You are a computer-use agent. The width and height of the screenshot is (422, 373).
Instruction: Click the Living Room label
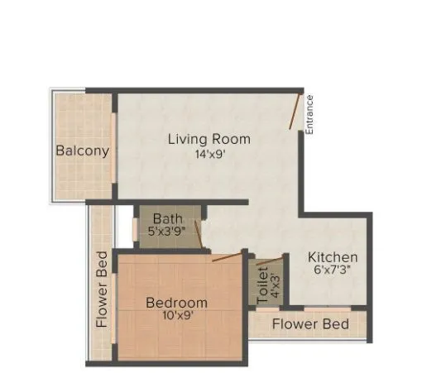point(209,139)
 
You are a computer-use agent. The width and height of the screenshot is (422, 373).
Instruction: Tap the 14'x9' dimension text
point(209,154)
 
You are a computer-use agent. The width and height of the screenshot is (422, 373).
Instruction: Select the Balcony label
point(83,151)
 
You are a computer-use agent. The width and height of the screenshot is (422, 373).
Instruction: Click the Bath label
point(168,218)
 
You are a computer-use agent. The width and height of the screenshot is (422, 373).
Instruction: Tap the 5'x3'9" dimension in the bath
point(168,232)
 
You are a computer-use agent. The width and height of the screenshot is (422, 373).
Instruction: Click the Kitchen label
point(333,257)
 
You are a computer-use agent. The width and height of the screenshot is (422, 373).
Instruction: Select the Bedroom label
point(176,303)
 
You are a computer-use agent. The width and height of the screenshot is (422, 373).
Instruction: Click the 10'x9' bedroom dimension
point(176,317)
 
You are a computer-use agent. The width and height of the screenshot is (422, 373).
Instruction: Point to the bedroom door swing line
point(227,256)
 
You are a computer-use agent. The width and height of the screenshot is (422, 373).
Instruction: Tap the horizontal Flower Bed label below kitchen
point(310,323)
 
